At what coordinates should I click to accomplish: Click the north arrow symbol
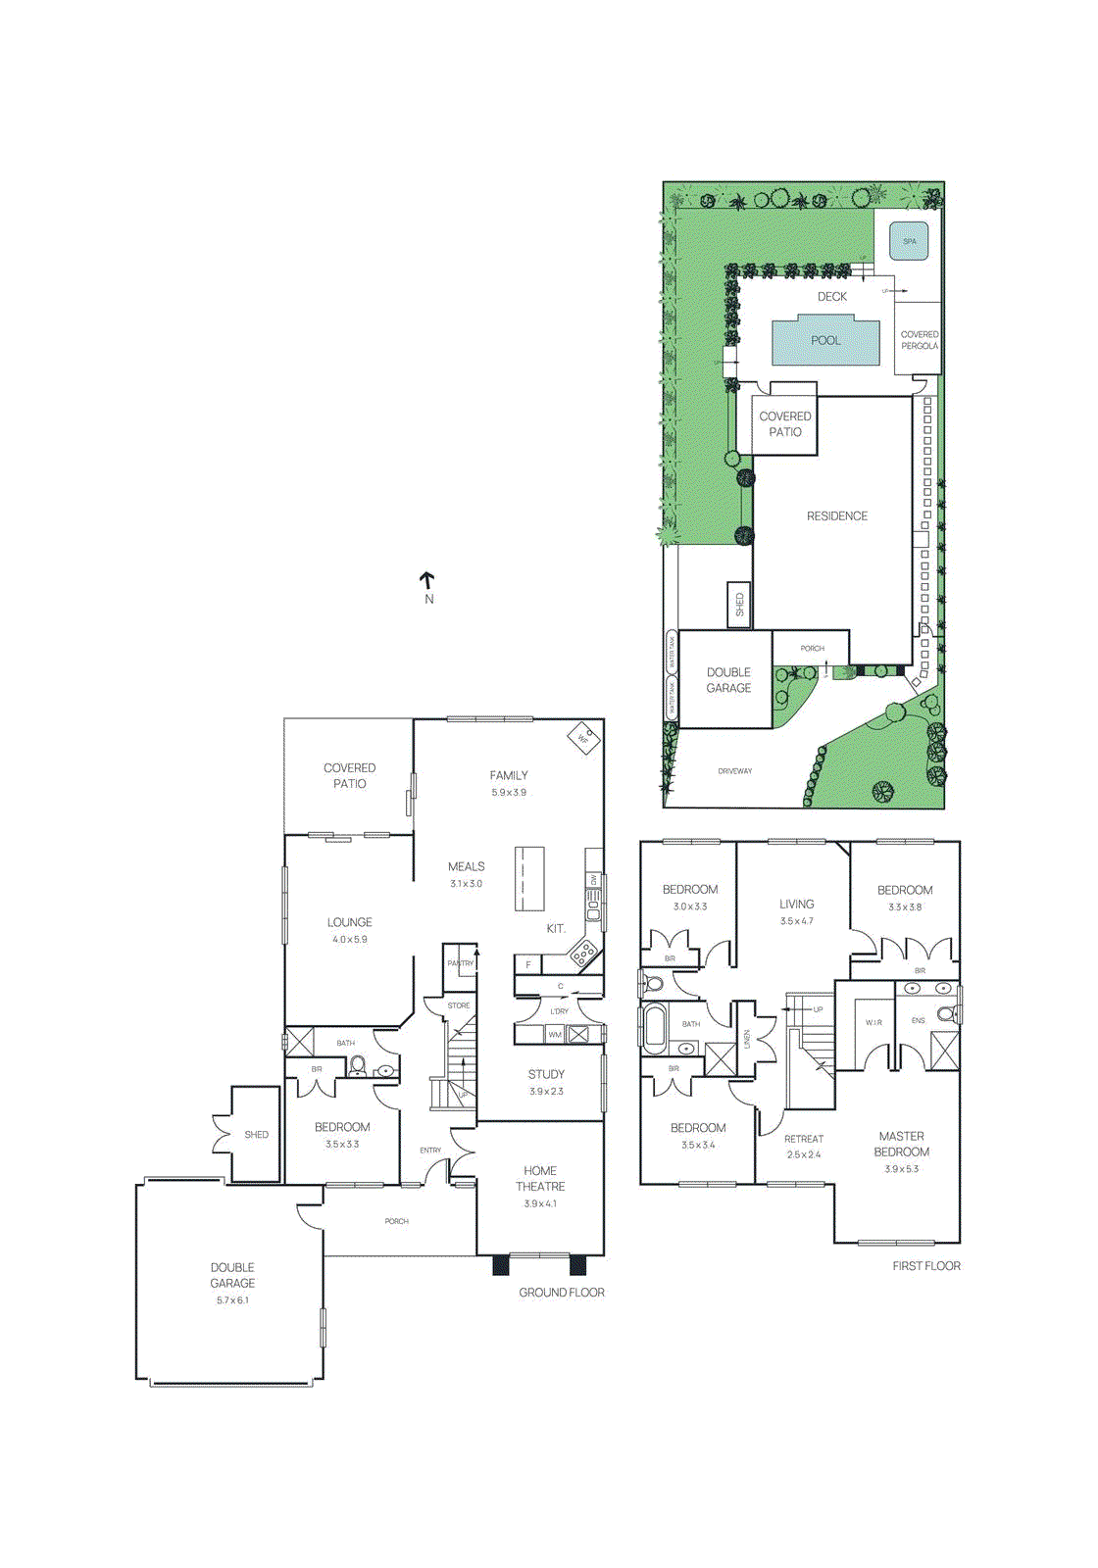pyautogui.click(x=427, y=582)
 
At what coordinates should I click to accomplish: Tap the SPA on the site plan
pyautogui.click(x=909, y=241)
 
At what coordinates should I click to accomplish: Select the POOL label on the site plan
pyautogui.click(x=825, y=341)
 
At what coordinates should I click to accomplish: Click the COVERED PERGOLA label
pyautogui.click(x=920, y=340)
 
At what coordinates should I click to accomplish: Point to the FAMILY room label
pyautogui.click(x=509, y=775)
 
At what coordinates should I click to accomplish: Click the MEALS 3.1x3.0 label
pyautogui.click(x=466, y=874)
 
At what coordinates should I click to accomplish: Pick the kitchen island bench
pyautogui.click(x=529, y=878)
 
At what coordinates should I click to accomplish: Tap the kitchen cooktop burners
pyautogui.click(x=584, y=951)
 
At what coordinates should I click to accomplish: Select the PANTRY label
pyautogui.click(x=460, y=963)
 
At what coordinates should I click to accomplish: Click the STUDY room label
pyautogui.click(x=546, y=1074)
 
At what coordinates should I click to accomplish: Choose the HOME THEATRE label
pyautogui.click(x=540, y=1178)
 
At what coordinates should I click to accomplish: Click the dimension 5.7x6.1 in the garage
pyautogui.click(x=232, y=1300)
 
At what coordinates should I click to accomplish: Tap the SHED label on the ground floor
pyautogui.click(x=256, y=1135)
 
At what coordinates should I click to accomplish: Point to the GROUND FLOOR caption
pyautogui.click(x=562, y=1293)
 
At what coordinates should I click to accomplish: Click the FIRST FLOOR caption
pyautogui.click(x=925, y=1266)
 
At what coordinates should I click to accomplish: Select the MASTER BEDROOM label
pyautogui.click(x=901, y=1144)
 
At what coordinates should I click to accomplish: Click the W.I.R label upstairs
pyautogui.click(x=873, y=1022)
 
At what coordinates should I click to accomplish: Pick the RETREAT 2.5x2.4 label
pyautogui.click(x=804, y=1147)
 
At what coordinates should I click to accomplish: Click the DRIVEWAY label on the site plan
pyautogui.click(x=734, y=771)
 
